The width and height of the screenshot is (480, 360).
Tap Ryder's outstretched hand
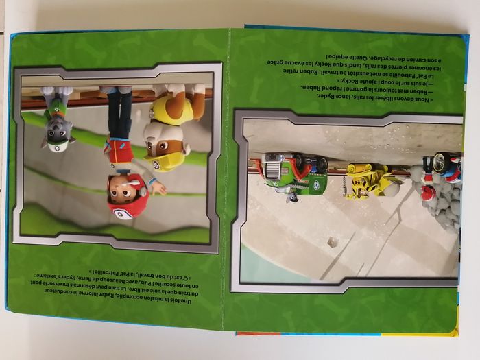157,187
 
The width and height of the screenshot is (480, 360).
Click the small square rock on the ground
333,242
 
